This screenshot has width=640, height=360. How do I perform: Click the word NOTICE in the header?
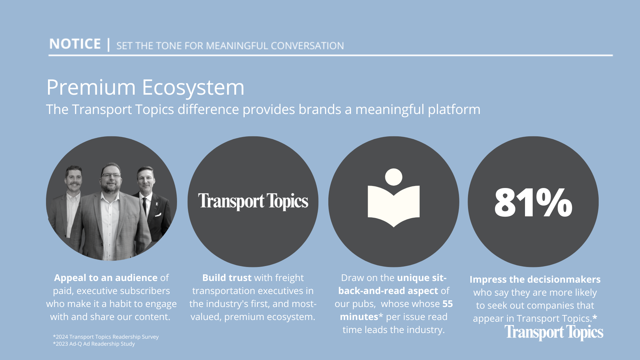coord(75,44)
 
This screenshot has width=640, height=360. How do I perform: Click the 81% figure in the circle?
coord(533,202)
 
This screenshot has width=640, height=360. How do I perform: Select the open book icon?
coord(394,198)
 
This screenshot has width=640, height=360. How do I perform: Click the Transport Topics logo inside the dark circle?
coord(253,201)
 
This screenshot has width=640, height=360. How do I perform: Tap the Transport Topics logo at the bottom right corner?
coord(554,332)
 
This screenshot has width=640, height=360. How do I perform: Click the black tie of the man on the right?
coord(145,205)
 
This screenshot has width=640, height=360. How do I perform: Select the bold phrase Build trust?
coord(227,278)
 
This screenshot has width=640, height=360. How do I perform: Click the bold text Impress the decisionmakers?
coord(535,279)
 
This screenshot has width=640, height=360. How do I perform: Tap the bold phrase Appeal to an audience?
coord(106,278)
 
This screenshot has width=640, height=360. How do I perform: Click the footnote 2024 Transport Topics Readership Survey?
coord(106,337)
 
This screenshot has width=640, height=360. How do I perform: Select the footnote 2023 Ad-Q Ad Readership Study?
coord(94,344)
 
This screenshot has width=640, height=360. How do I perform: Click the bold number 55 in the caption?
coord(448,304)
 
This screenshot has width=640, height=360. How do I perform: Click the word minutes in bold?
coord(359,317)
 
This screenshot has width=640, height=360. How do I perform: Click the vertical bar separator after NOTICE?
coord(108,44)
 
